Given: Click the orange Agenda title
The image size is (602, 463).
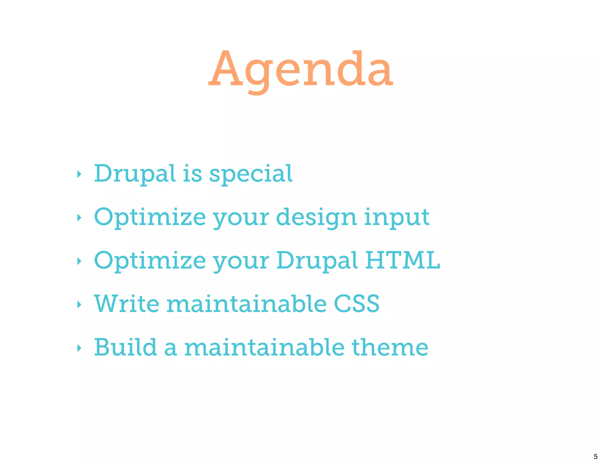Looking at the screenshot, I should click(300, 71).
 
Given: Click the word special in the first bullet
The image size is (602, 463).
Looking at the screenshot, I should click(251, 174).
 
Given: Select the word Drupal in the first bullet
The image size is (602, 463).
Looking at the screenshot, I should click(135, 174).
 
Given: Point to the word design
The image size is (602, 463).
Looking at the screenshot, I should click(316, 217).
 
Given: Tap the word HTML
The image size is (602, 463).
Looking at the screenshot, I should click(402, 260).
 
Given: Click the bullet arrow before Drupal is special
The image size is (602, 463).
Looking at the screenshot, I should click(79, 174).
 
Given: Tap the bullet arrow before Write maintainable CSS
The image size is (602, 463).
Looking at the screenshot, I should click(79, 305).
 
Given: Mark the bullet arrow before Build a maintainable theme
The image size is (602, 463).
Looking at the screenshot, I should click(79, 348).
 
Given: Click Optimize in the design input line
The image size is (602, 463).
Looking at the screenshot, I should click(150, 217).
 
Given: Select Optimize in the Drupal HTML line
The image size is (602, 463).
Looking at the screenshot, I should click(150, 261).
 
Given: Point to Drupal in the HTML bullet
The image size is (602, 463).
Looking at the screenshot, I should click(317, 261).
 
